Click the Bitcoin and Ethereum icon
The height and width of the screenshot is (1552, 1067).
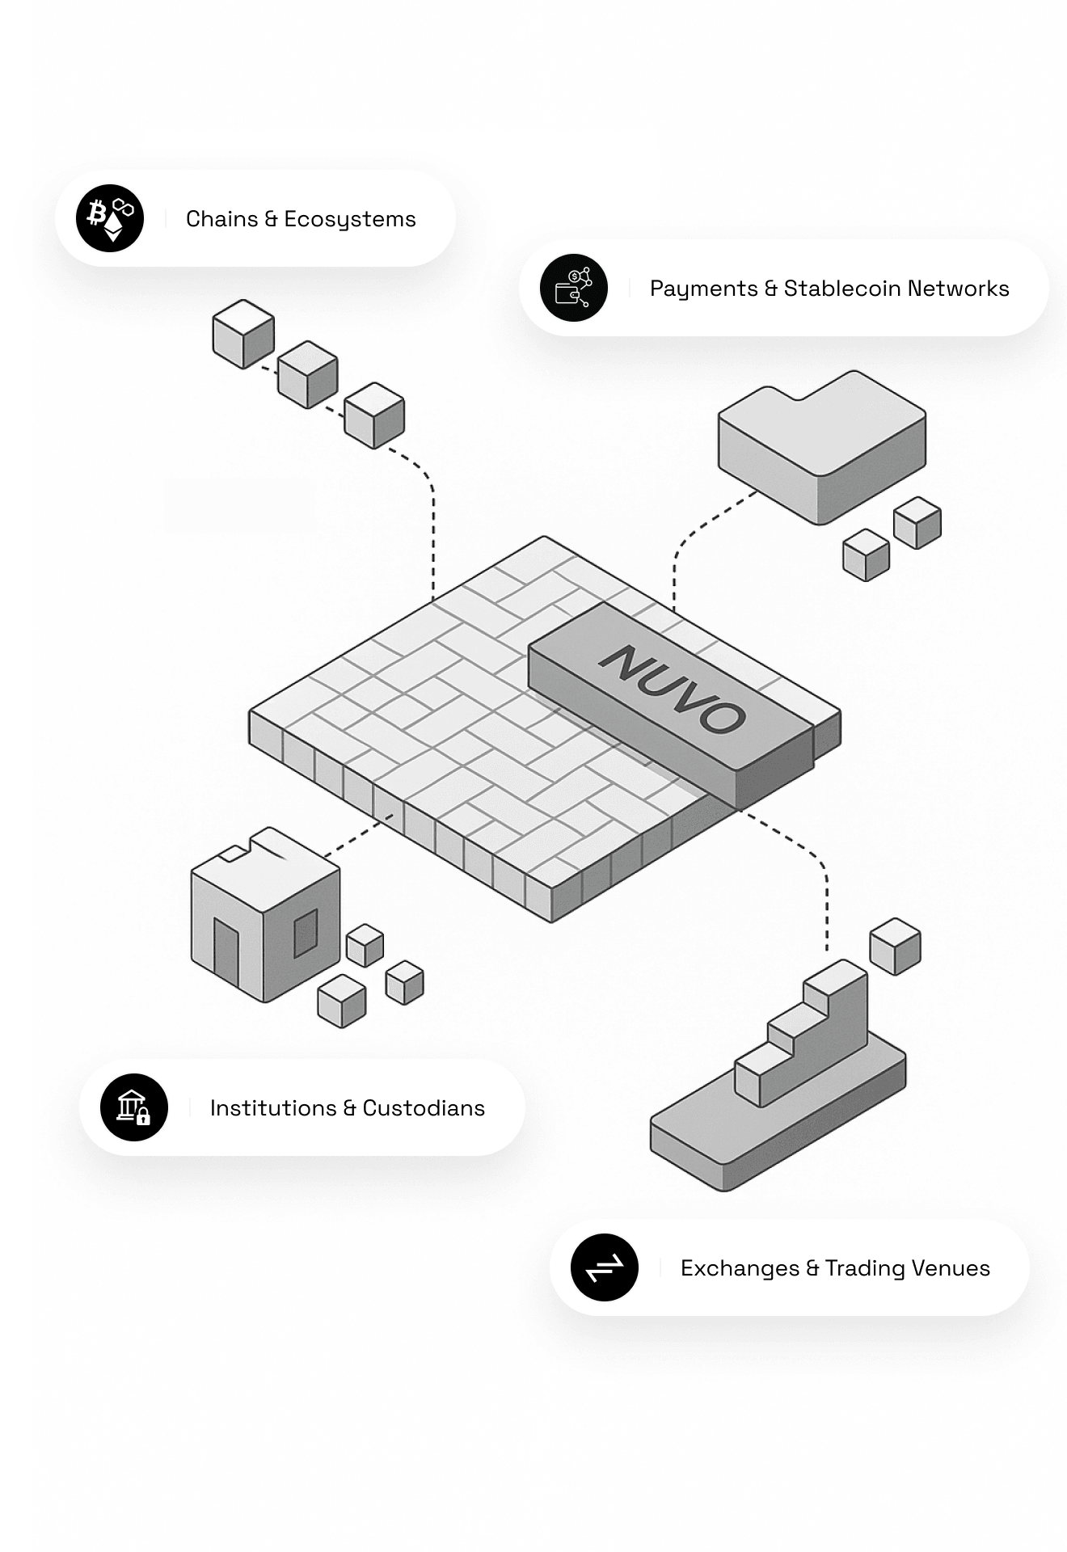pyautogui.click(x=110, y=218)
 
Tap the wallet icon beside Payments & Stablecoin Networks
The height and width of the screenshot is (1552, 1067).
pyautogui.click(x=574, y=288)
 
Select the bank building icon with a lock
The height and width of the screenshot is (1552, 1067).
pyautogui.click(x=134, y=1107)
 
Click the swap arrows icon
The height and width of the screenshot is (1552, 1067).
pyautogui.click(x=605, y=1267)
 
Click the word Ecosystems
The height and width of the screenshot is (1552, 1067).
pyautogui.click(x=349, y=220)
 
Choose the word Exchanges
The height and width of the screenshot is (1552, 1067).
pyautogui.click(x=740, y=1268)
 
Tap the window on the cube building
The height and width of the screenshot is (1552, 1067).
pyautogui.click(x=306, y=932)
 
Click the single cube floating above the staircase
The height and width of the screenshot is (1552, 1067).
pyautogui.click(x=895, y=946)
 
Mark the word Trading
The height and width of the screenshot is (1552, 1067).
pyautogui.click(x=864, y=1268)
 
